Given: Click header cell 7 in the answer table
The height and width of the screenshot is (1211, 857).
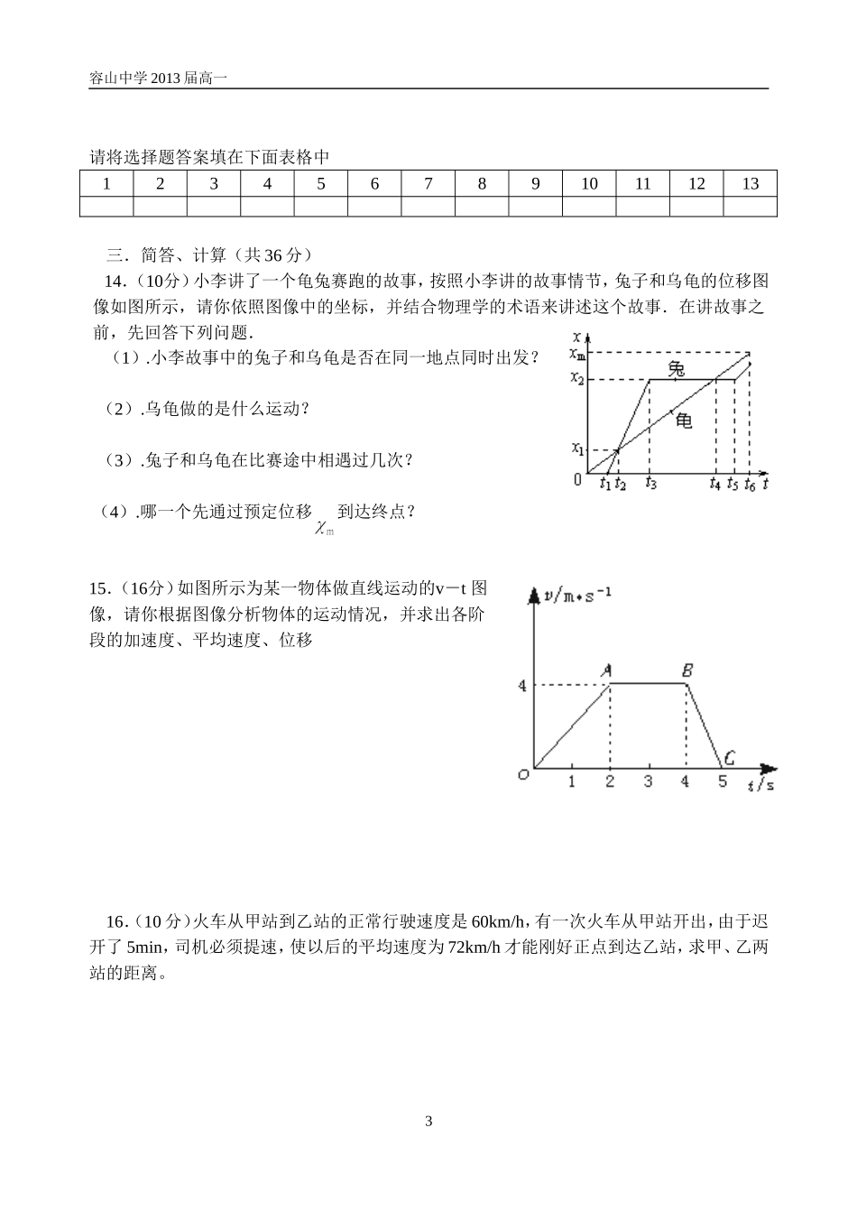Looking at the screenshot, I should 428,184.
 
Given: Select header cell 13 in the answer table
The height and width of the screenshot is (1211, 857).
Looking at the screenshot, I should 750,184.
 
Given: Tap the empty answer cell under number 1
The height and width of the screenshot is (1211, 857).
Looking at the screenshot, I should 106,207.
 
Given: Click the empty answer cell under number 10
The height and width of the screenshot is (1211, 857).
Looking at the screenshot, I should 589,207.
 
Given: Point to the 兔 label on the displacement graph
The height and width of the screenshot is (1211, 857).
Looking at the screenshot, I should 676,368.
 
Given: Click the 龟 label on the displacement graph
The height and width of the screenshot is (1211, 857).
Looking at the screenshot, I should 685,420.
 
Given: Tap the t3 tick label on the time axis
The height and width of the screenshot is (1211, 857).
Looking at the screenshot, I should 651,484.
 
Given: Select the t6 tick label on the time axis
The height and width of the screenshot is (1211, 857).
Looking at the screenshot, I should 749,484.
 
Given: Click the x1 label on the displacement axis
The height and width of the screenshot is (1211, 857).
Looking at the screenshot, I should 577,448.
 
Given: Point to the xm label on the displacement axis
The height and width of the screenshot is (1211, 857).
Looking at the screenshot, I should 577,353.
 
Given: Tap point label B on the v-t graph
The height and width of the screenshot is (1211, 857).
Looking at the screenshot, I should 687,670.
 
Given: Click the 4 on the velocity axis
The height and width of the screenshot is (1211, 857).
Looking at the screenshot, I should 521,686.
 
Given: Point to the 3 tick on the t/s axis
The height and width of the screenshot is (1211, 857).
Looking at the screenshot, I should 648,781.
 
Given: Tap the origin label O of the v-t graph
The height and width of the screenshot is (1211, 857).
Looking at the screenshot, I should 522,774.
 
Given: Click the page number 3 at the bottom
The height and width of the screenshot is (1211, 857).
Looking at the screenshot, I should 428,1122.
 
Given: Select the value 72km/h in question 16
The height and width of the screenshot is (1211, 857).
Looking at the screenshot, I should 475,948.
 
